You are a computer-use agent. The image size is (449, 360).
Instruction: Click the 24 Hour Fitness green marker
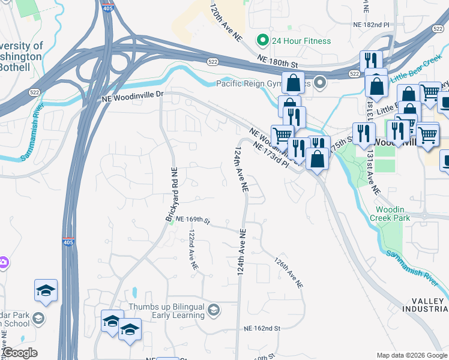[262, 41]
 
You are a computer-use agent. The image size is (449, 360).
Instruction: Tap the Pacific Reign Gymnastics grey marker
[320, 83]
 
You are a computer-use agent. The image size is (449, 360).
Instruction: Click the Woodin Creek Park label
[393, 214]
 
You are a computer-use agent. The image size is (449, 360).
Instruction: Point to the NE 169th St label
[191, 221]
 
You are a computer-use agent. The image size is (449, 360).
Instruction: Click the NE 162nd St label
[262, 329]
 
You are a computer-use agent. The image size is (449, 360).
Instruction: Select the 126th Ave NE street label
[288, 274]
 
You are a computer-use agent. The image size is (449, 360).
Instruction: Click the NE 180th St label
[277, 59]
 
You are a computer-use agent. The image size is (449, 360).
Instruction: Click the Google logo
[20, 353]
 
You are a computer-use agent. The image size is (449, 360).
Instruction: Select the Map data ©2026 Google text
[412, 355]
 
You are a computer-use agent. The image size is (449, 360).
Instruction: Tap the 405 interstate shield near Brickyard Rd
[66, 242]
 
